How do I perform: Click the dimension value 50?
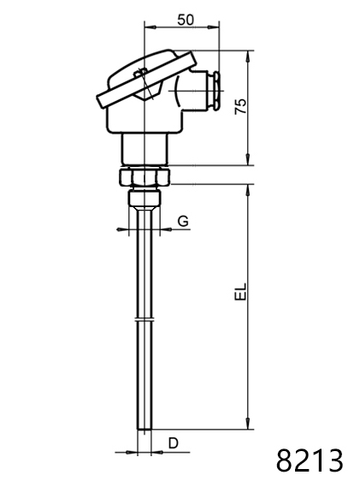186,20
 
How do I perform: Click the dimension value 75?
240,106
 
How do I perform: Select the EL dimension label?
240,291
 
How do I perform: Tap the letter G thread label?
183,221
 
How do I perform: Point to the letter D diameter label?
174,443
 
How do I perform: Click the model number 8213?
310,460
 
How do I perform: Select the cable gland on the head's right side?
215,91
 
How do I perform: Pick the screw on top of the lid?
140,73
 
